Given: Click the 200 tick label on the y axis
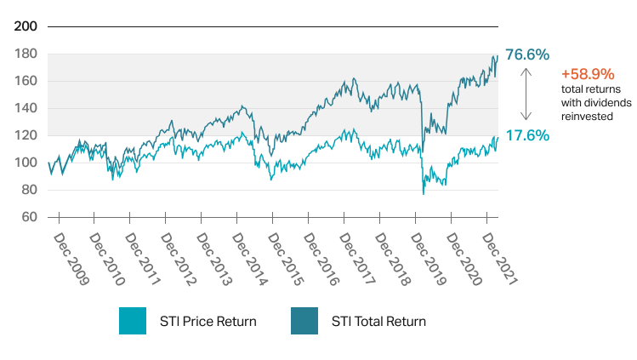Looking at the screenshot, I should tap(26, 26).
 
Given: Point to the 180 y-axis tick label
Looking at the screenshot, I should tap(26, 54).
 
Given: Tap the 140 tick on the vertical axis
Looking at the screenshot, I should tap(26, 108).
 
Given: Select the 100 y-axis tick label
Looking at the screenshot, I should tap(26, 163).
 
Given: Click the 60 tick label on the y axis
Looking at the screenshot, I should tap(27, 217).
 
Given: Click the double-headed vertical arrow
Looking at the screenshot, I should tap(526, 94).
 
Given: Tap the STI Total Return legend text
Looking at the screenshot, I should tap(378, 322).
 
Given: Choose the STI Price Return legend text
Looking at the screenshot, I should tap(208, 322).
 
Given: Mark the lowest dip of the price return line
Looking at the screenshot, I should tap(424, 193).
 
